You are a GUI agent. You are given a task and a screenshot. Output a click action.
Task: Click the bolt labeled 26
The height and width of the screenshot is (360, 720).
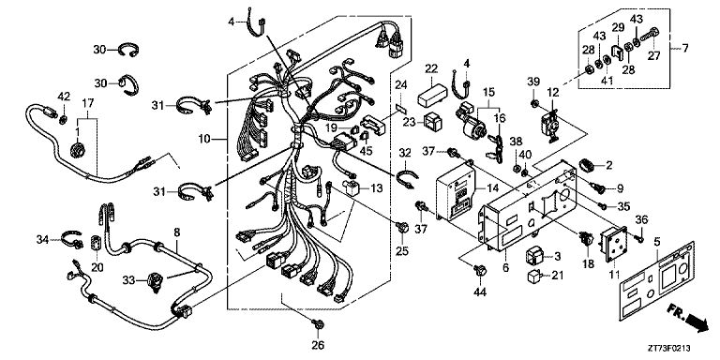click(317, 325)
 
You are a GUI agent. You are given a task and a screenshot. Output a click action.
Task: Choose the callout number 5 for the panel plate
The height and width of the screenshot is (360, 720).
click(657, 240)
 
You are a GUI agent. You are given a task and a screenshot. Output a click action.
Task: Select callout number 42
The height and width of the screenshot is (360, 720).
click(65, 96)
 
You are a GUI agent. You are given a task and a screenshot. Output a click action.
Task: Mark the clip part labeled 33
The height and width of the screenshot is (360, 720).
click(157, 281)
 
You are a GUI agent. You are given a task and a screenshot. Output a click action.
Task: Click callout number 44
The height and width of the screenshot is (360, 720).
click(480, 292)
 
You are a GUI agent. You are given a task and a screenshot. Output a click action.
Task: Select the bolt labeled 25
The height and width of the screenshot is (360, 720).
click(402, 227)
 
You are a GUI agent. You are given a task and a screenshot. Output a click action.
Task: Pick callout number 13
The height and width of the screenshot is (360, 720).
click(377, 188)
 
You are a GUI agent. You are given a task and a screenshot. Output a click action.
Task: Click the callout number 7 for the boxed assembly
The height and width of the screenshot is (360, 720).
click(685, 48)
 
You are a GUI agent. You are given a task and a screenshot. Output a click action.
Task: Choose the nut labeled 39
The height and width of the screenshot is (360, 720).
click(534, 102)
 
